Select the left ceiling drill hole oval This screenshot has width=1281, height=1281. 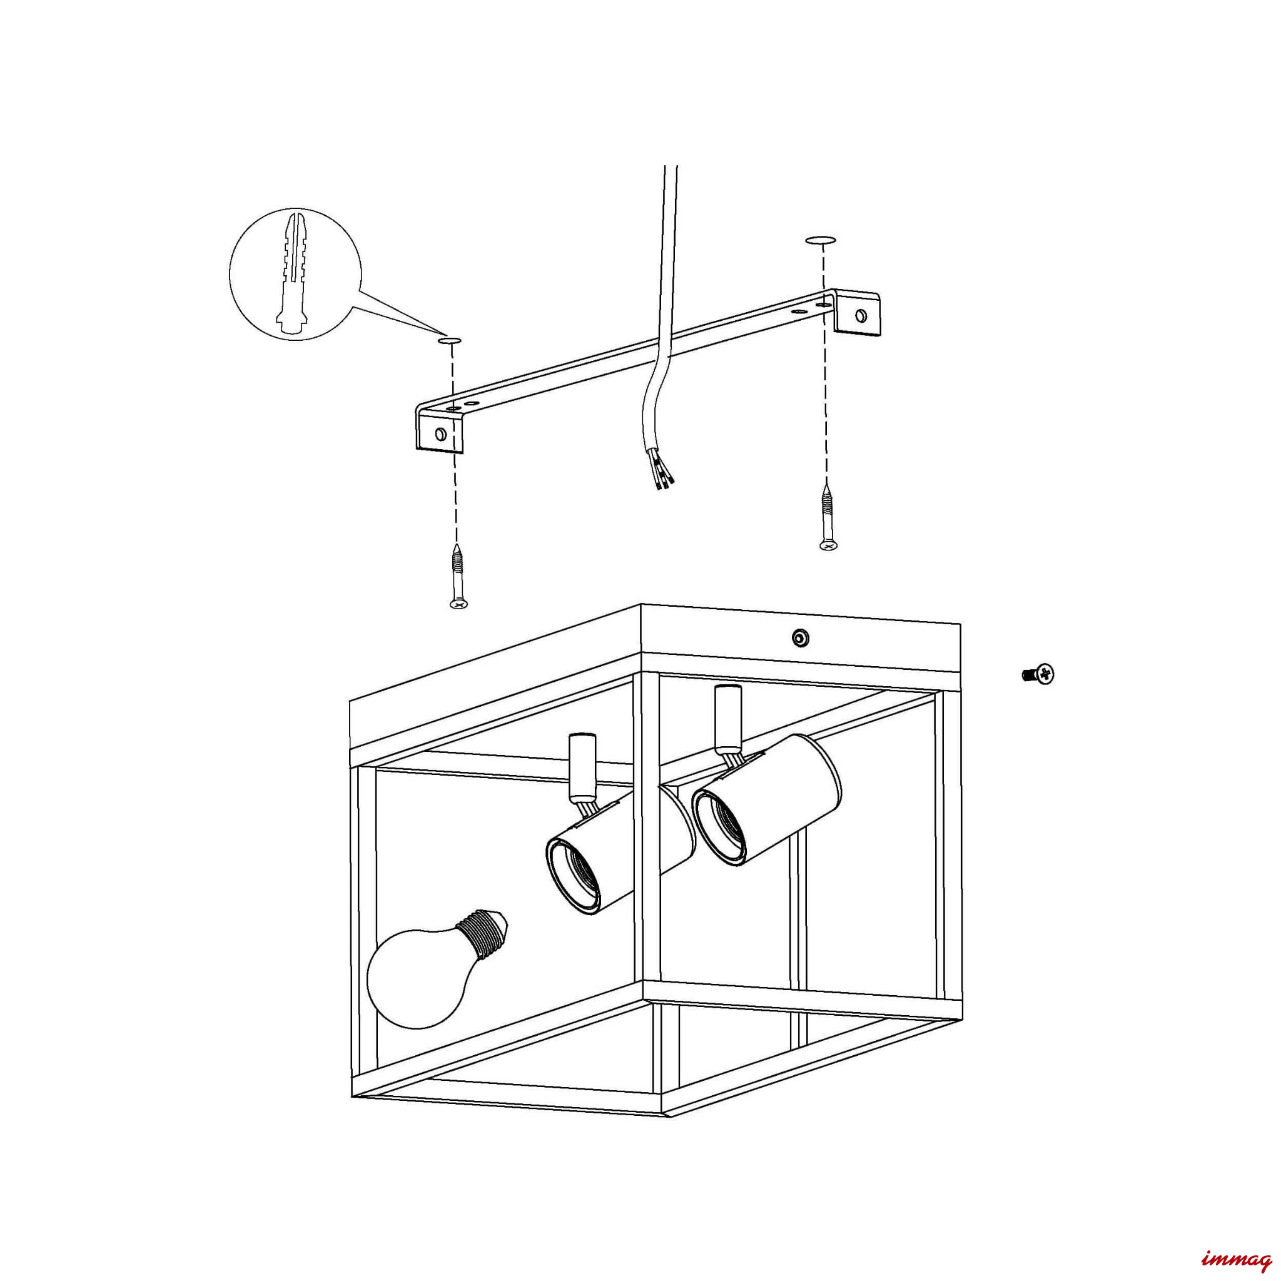(x=450, y=341)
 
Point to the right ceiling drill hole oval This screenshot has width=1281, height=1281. (x=821, y=240)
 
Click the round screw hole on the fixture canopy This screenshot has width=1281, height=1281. (x=800, y=638)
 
